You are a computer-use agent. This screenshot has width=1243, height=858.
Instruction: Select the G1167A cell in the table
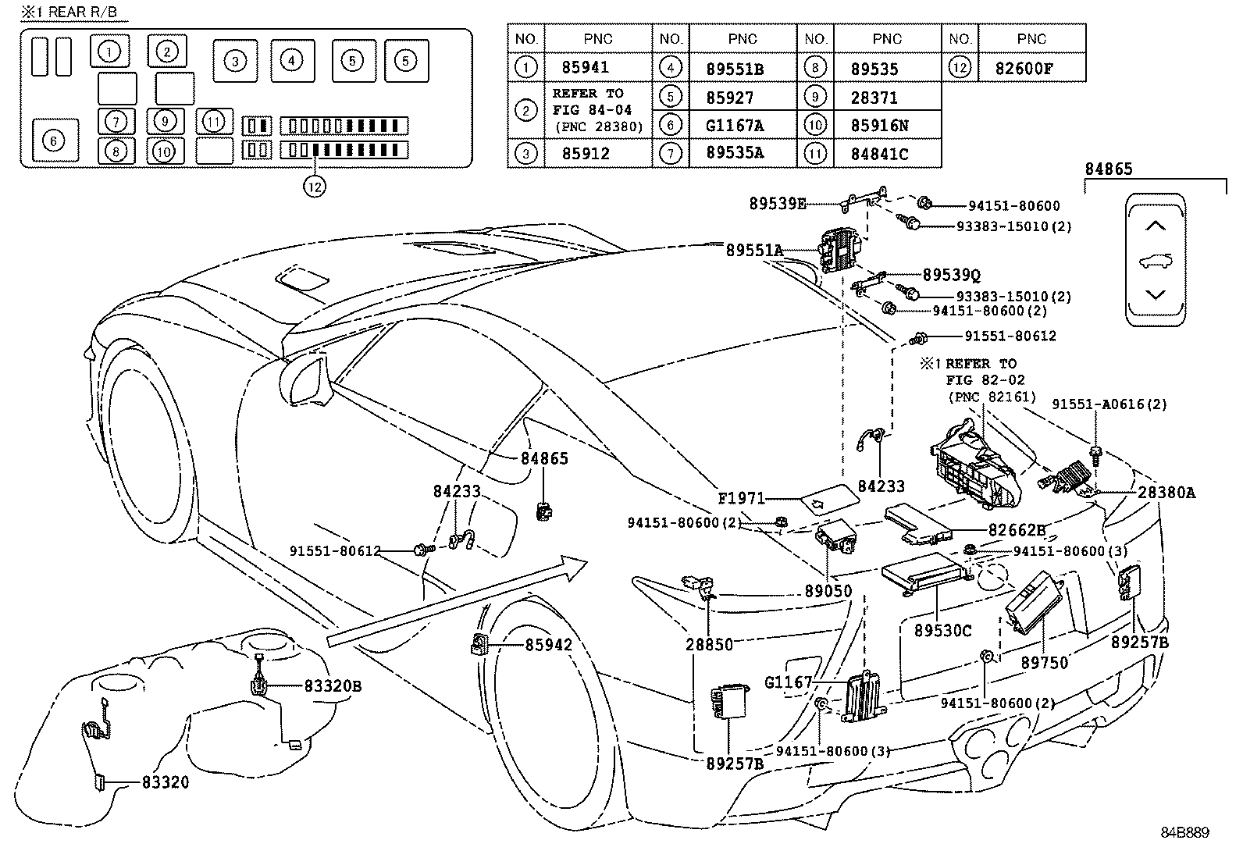click(735, 125)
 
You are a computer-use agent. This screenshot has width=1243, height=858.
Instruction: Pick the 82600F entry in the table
click(1024, 68)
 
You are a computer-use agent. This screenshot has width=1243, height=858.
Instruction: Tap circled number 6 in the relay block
click(53, 141)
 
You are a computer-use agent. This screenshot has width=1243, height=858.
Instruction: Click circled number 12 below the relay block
click(315, 187)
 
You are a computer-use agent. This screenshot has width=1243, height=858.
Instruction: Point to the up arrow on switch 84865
click(1155, 226)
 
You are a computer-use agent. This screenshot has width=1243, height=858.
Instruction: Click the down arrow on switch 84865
click(1155, 294)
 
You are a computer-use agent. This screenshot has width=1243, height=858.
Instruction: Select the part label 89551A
click(753, 251)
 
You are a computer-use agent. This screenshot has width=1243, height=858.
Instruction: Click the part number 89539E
click(777, 204)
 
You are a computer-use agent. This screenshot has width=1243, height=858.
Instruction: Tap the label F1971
click(743, 498)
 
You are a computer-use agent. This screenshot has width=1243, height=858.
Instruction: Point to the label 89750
click(1044, 662)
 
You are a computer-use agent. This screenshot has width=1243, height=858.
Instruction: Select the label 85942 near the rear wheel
click(548, 645)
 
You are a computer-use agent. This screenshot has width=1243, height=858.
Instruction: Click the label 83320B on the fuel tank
click(333, 686)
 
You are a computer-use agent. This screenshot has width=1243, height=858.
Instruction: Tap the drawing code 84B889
click(1184, 833)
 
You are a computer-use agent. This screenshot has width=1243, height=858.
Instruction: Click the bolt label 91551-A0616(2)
click(1109, 404)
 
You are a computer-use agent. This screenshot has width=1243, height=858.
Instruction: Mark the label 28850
click(709, 644)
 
